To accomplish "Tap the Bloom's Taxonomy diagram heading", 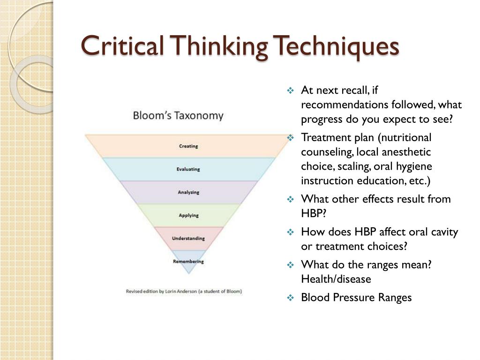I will (x=178, y=115).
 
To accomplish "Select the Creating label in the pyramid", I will (x=188, y=146).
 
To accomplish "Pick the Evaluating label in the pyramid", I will (x=188, y=169).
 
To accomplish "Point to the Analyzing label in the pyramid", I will (x=188, y=192).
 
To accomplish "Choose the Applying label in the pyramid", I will (x=188, y=216).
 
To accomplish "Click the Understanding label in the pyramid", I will (x=188, y=239).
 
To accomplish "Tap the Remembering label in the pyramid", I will (x=188, y=261).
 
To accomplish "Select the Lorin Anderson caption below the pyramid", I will (x=184, y=292).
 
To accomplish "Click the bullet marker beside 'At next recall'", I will (x=290, y=90).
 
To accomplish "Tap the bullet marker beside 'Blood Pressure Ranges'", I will (x=290, y=298).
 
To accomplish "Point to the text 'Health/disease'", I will (x=336, y=279).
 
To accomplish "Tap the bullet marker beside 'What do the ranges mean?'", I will (x=290, y=265).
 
